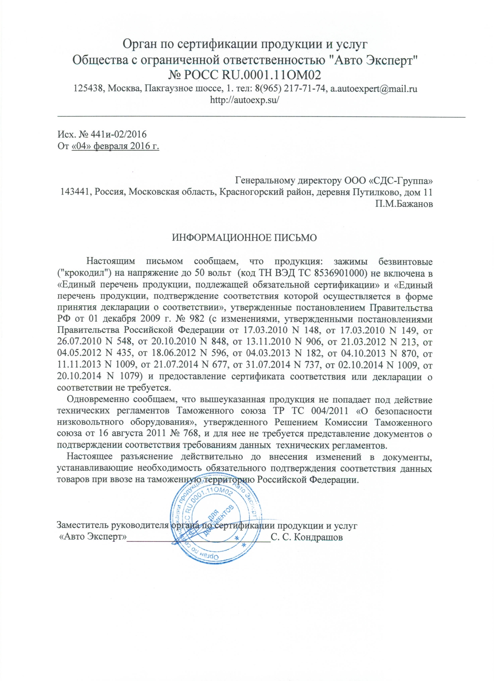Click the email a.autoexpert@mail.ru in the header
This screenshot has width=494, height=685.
coord(374,89)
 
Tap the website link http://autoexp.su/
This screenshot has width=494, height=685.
coord(244,100)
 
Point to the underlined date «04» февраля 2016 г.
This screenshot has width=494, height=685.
coord(115,146)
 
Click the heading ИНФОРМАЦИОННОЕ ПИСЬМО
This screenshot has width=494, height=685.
coord(244,238)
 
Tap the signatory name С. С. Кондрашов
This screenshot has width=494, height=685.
coord(307,537)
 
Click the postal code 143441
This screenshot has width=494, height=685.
coord(75,192)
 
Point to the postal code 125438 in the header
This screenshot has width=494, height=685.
coord(88,89)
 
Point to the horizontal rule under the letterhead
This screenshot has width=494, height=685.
coord(262,116)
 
